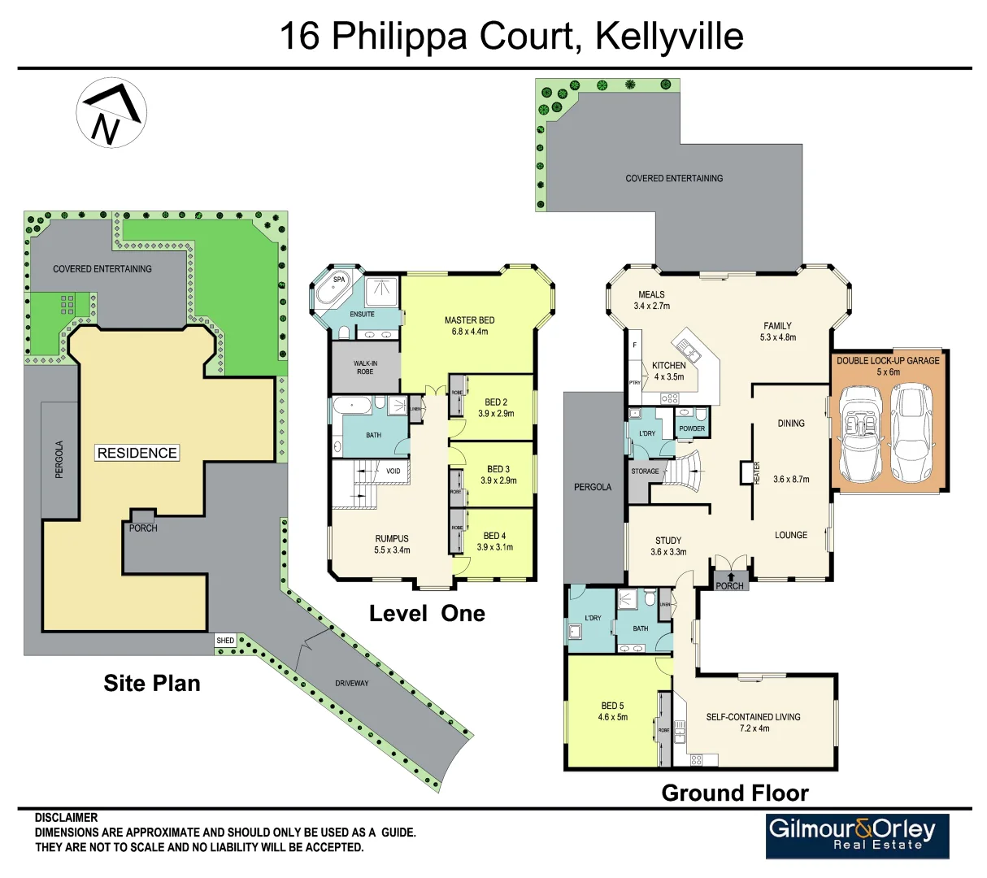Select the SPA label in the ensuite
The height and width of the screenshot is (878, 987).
point(339,280)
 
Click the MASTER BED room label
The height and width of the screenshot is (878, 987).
point(469,320)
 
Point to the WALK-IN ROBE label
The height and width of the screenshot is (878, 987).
point(365,367)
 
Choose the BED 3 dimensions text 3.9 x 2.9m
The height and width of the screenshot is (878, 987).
point(498,480)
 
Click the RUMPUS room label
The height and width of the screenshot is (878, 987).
point(392,538)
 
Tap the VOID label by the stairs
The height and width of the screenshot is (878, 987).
point(393,472)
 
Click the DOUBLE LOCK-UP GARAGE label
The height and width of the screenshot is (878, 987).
point(888,360)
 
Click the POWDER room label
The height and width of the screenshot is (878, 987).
point(692,428)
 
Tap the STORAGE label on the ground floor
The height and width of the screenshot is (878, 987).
point(645,472)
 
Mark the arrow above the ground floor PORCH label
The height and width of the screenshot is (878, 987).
point(730,576)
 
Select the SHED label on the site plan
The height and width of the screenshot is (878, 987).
point(225,641)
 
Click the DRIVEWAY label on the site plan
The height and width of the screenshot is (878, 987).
point(352,683)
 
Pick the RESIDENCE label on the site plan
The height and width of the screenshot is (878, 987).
point(137,453)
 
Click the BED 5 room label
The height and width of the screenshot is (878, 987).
point(612,706)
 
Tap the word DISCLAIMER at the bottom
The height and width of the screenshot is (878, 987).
point(66,818)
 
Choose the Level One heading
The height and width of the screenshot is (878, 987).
point(427,614)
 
